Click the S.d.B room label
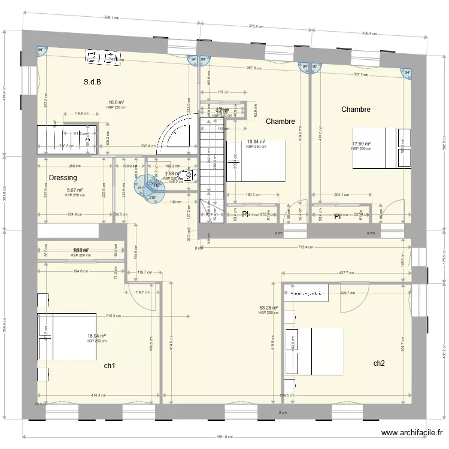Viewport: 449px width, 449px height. pyautogui.click(x=92, y=82)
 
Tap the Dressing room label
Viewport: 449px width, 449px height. pyautogui.click(x=63, y=178)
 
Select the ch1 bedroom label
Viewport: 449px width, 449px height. pyautogui.click(x=110, y=365)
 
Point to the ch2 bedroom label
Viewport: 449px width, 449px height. pyautogui.click(x=379, y=363)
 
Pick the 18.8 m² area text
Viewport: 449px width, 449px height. pyautogui.click(x=117, y=102)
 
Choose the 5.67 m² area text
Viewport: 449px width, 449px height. pyautogui.click(x=74, y=190)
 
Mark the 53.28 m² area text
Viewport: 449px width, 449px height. pyautogui.click(x=268, y=308)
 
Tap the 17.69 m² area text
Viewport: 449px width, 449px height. pyautogui.click(x=361, y=144)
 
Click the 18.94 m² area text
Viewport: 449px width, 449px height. pyautogui.click(x=96, y=336)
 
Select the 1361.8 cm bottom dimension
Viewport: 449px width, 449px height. pyautogui.click(x=224, y=437)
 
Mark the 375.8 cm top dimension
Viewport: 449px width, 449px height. pyautogui.click(x=256, y=26)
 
